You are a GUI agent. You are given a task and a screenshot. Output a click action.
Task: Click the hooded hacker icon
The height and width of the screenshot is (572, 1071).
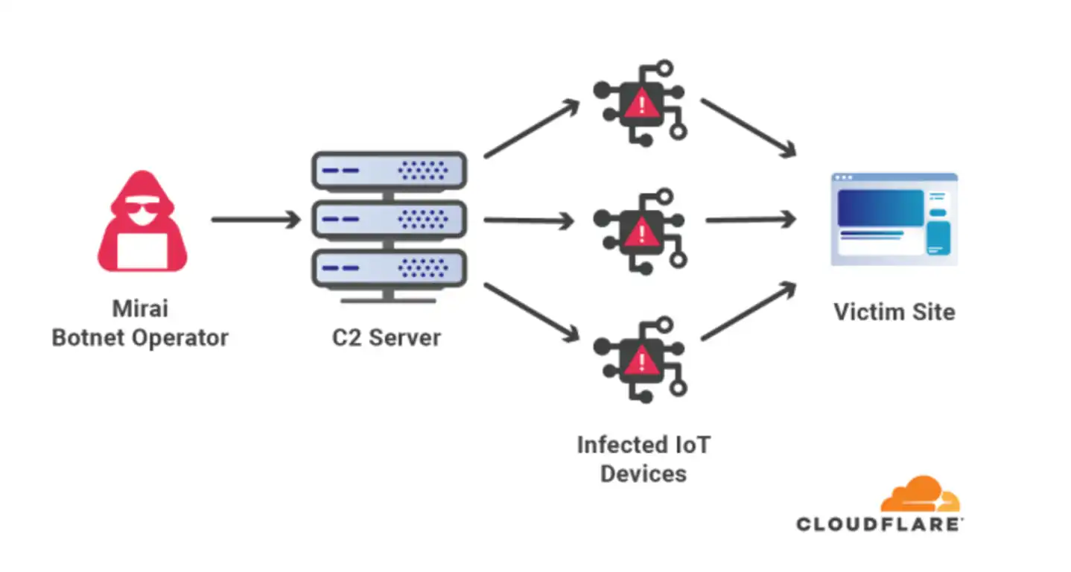click(x=142, y=221)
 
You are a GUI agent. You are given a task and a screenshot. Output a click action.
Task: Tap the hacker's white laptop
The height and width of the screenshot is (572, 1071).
click(x=142, y=251)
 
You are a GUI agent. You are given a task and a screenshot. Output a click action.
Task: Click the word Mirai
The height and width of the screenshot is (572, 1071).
click(x=140, y=308)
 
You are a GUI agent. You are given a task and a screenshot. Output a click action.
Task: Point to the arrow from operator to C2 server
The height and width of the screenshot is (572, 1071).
click(x=256, y=220)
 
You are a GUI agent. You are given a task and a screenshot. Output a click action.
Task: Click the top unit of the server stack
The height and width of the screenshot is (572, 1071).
click(x=390, y=171)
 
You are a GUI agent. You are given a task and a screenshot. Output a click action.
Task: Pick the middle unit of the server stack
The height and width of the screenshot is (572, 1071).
click(x=390, y=220)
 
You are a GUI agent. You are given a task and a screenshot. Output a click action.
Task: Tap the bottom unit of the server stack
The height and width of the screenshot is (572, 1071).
click(x=390, y=268)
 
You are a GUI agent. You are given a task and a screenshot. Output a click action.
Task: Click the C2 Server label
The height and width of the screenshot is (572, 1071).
click(x=387, y=337)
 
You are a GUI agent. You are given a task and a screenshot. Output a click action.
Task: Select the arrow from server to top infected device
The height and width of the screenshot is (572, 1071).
click(x=532, y=128)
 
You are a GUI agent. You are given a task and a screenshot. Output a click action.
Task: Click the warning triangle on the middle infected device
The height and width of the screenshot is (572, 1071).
click(x=642, y=232)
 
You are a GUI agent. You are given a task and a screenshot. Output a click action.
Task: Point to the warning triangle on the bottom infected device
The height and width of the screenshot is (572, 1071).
click(x=642, y=360)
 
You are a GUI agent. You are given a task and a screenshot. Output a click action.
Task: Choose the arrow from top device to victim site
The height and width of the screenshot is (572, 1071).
click(x=749, y=127)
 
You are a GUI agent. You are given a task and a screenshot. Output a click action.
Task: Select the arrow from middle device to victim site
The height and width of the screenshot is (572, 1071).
click(x=751, y=220)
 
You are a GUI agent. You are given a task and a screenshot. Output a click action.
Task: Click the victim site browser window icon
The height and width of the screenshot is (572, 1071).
click(x=894, y=219)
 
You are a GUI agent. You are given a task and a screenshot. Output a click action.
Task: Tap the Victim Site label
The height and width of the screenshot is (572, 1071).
click(x=894, y=312)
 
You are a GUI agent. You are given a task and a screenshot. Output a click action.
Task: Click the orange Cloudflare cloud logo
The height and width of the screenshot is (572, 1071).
click(x=921, y=494)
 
